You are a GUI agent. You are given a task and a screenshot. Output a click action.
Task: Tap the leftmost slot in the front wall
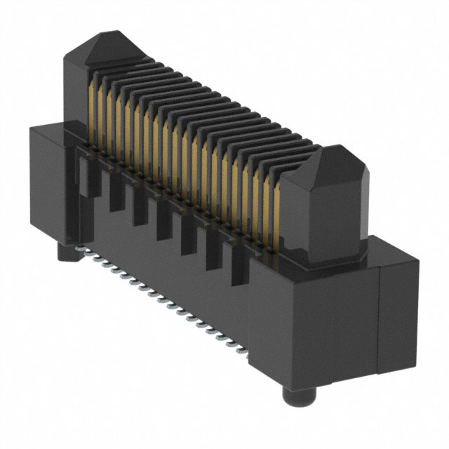tap(91, 178)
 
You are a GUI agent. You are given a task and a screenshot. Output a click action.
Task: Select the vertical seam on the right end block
tap(379, 309)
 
